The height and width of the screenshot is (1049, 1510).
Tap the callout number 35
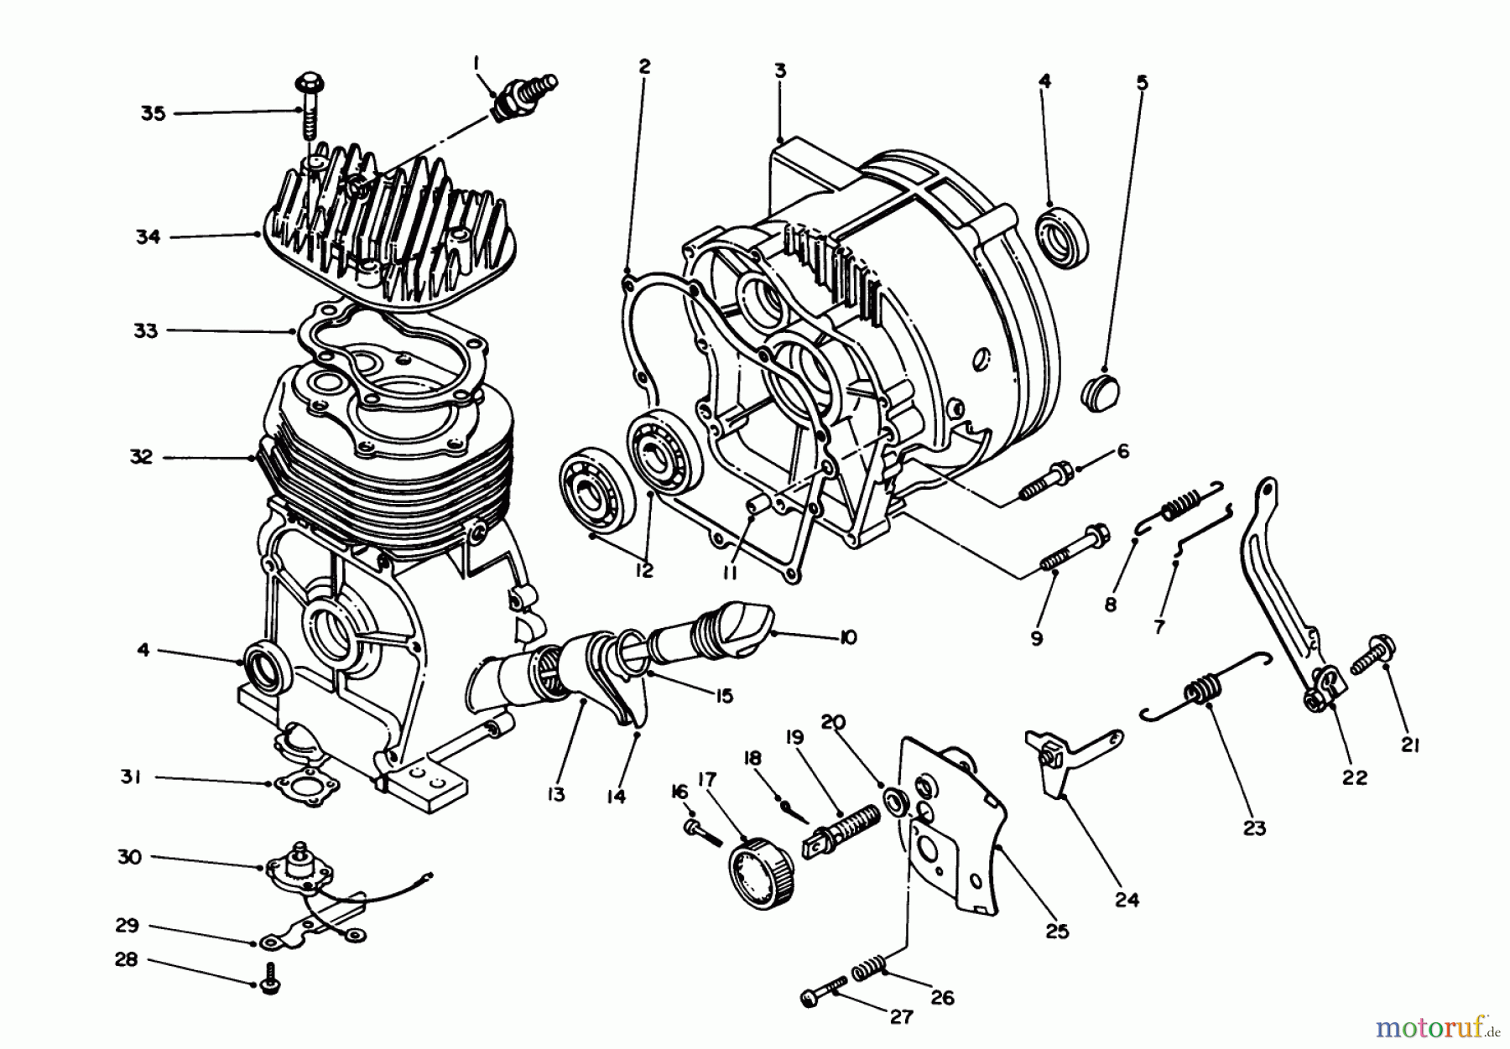(153, 112)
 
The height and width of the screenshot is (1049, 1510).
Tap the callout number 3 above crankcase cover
(779, 70)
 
